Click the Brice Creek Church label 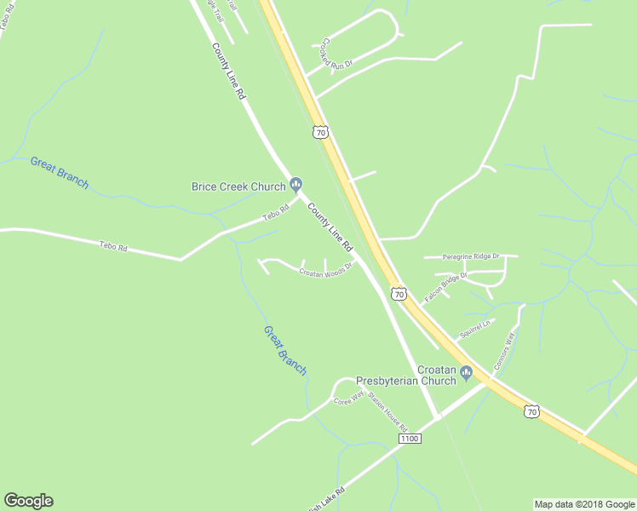(x=238, y=187)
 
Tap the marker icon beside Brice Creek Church (x=296, y=184)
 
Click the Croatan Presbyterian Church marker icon (x=466, y=373)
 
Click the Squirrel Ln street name (x=476, y=330)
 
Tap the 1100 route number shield (x=410, y=438)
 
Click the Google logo (x=28, y=501)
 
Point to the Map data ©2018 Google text (x=584, y=504)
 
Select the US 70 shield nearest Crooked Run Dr (x=319, y=132)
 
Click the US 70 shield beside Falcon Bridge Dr (x=399, y=294)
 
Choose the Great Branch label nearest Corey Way (x=284, y=349)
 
